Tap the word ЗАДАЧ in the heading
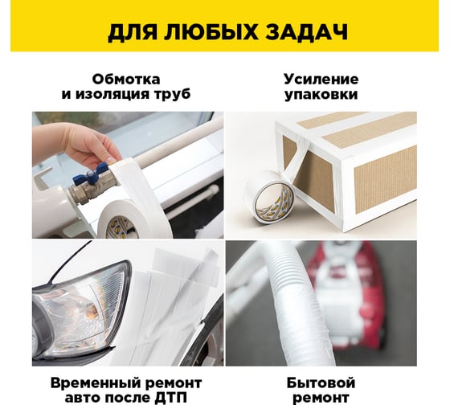[306, 32]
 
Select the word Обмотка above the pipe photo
[126, 80]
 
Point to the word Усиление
[321, 80]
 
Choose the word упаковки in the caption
[321, 95]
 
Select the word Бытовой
[321, 382]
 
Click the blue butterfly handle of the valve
[90, 174]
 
